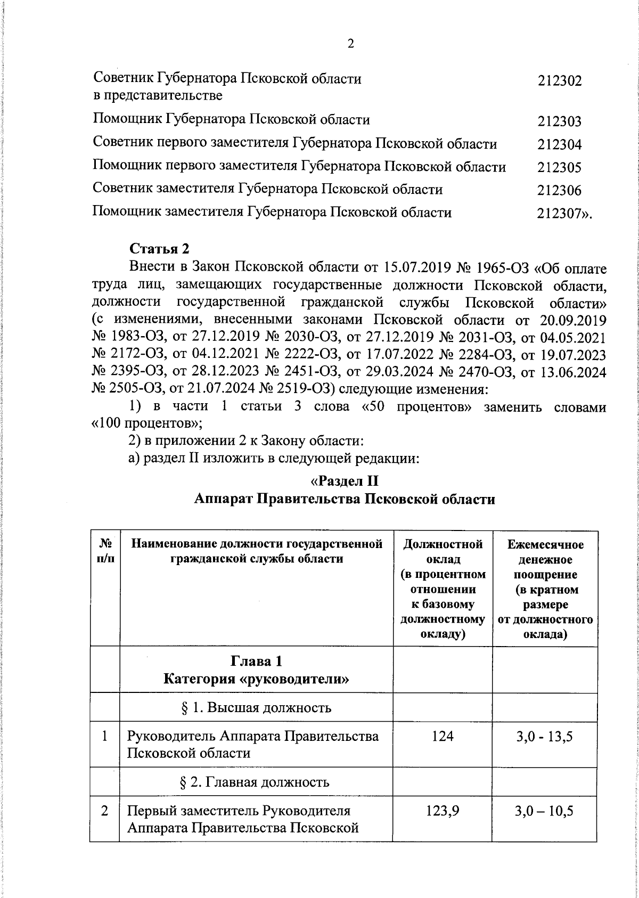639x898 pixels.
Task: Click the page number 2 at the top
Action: [350, 44]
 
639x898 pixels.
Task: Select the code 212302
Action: [559, 81]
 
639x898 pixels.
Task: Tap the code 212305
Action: [559, 168]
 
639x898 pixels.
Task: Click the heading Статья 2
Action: [160, 249]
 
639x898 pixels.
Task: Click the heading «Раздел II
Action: [344, 481]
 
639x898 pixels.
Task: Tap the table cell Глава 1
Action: [256, 662]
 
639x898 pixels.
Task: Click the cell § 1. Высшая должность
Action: [256, 707]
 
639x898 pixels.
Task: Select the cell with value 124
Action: [443, 737]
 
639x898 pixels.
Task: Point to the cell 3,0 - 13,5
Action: [545, 737]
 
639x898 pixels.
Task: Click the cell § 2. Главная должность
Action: [256, 782]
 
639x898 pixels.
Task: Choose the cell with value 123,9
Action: [443, 811]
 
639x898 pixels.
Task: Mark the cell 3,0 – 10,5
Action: [545, 811]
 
